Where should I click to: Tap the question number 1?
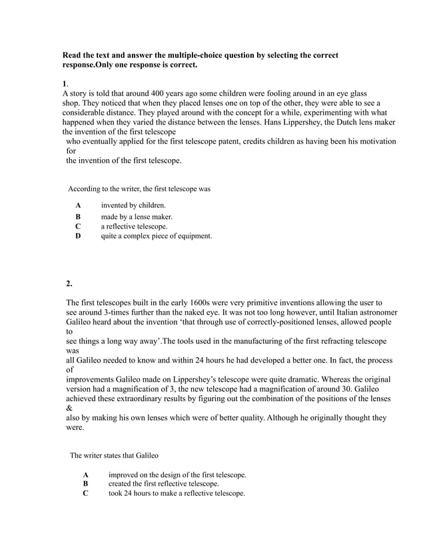point(65,83)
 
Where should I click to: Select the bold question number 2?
point(69,284)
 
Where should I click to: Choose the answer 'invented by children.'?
point(133,205)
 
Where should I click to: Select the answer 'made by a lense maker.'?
point(137,217)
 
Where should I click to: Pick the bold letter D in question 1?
point(78,236)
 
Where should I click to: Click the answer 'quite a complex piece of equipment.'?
point(156,236)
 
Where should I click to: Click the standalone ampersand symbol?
point(69,408)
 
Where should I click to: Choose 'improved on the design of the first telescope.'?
point(177,475)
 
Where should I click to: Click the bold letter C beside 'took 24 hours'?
point(85,494)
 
